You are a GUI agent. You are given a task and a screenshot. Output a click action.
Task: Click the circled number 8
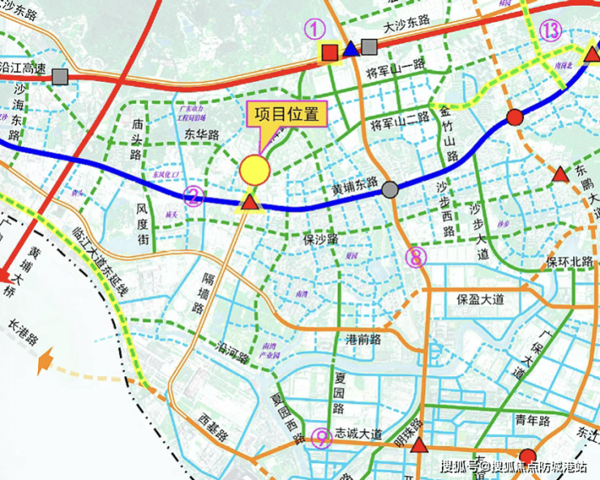pos(416,257)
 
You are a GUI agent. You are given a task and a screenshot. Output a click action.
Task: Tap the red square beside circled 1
pos(330,52)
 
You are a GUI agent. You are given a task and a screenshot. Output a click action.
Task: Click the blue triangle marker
pos(350,49)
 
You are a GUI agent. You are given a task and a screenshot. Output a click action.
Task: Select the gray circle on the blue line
pos(390,190)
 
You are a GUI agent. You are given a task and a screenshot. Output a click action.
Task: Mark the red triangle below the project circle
pos(251,201)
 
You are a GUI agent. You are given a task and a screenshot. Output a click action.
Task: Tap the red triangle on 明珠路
pos(418,445)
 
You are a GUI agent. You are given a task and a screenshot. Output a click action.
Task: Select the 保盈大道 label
pos(480,298)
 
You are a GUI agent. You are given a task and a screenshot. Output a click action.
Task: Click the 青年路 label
pos(533,421)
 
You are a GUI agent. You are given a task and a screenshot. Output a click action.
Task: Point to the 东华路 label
pos(202,135)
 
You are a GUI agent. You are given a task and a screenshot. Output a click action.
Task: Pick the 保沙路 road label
pos(320,240)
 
